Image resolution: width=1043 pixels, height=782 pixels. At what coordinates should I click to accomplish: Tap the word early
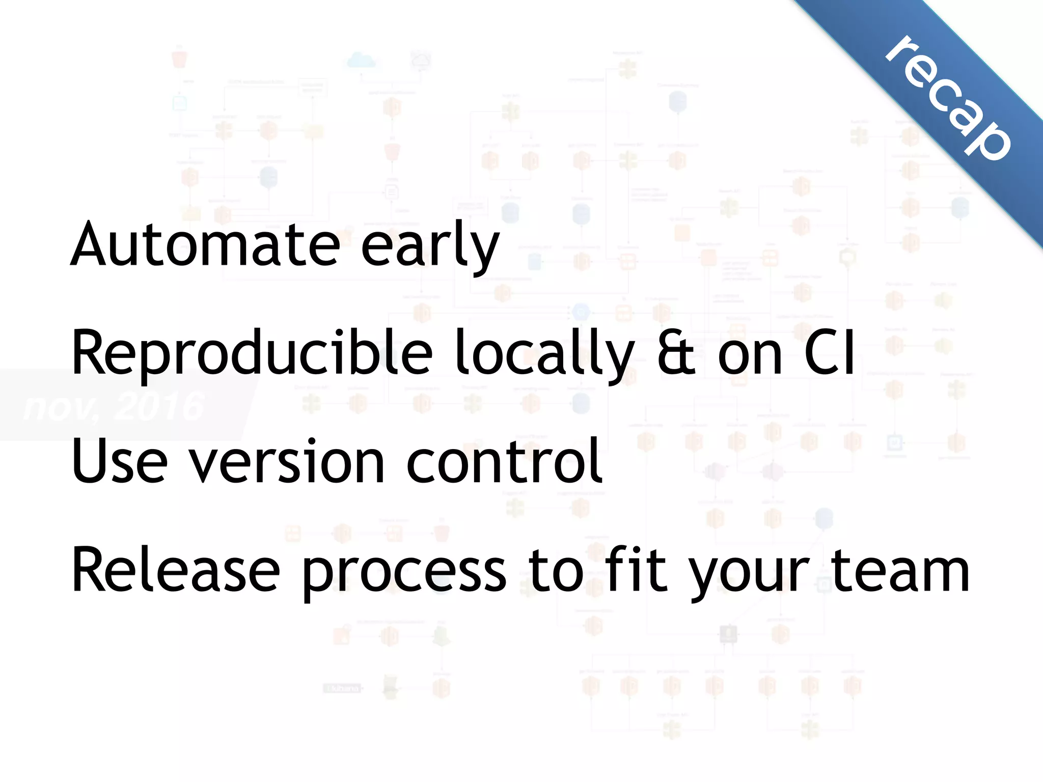pyautogui.click(x=430, y=247)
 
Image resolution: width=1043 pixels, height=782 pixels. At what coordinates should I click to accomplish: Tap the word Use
pyautogui.click(x=120, y=461)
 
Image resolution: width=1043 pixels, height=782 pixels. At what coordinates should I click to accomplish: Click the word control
pyautogui.click(x=504, y=461)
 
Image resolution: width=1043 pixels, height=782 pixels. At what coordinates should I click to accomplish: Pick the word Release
pyautogui.click(x=176, y=570)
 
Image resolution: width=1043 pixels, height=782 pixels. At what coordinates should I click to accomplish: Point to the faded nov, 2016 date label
pyautogui.click(x=115, y=407)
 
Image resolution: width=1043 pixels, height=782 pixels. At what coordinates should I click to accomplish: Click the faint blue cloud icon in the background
pyautogui.click(x=361, y=61)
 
